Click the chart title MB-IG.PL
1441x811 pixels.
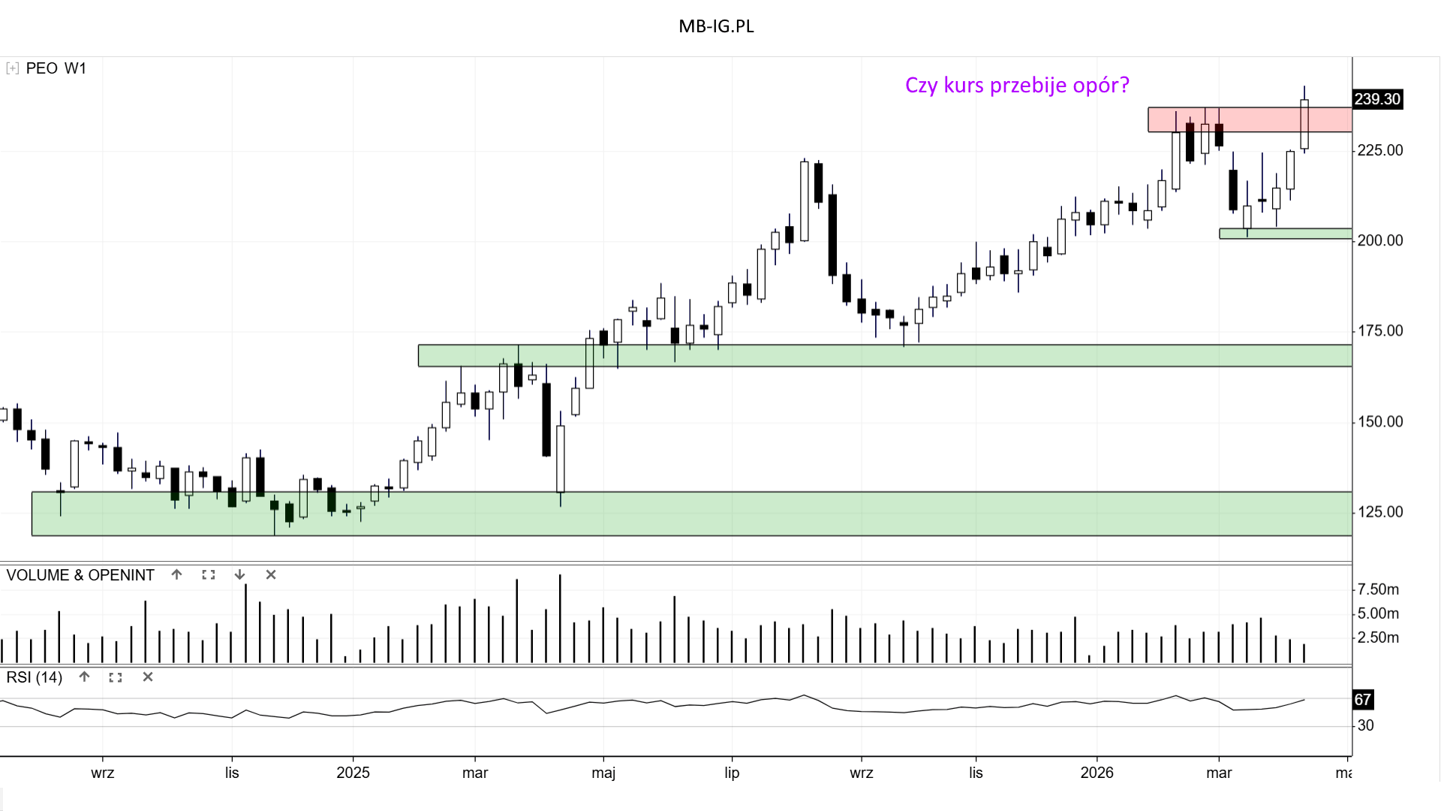point(716,26)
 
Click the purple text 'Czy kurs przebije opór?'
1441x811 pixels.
point(1016,85)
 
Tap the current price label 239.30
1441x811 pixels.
point(1377,99)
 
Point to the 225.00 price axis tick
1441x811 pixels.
point(1379,150)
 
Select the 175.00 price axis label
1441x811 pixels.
point(1379,330)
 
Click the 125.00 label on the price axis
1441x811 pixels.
point(1379,511)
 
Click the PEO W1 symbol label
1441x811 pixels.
point(56,68)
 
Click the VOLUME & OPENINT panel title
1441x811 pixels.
point(80,575)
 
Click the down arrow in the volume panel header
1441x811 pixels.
point(239,574)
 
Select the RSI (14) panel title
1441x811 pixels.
point(35,677)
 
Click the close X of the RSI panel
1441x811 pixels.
point(148,677)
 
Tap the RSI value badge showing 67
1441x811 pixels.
point(1362,700)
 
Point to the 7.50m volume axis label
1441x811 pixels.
point(1378,589)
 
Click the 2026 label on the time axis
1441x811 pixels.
point(1097,773)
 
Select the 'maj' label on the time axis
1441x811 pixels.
point(603,773)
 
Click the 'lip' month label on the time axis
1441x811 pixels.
point(732,773)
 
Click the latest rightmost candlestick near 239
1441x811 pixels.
point(1304,124)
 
